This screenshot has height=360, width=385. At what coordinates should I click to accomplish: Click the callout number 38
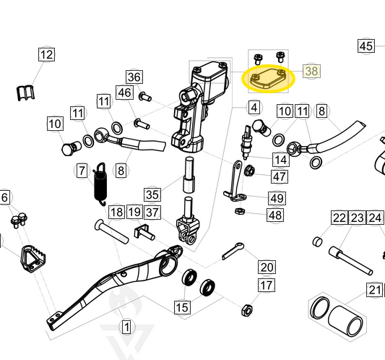click(x=311, y=72)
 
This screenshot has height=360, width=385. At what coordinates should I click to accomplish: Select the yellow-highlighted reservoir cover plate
click(x=269, y=78)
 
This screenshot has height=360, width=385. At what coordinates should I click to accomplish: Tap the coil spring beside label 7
click(x=101, y=184)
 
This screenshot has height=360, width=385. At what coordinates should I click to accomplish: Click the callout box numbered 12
click(x=46, y=55)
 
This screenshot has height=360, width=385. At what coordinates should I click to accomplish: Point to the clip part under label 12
click(x=27, y=92)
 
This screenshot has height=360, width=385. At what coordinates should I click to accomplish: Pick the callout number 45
click(x=366, y=46)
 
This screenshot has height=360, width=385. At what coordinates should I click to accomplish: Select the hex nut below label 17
click(x=246, y=309)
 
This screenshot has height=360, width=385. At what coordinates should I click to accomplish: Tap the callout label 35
click(x=152, y=194)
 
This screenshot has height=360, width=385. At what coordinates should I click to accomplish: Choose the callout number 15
click(x=182, y=307)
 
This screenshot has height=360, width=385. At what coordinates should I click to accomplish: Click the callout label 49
click(x=277, y=198)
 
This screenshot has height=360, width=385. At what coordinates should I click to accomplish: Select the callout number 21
click(x=373, y=290)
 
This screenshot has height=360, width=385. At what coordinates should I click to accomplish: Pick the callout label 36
click(x=134, y=77)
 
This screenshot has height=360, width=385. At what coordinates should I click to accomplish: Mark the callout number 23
click(x=358, y=218)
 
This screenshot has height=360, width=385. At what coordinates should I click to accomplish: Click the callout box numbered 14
click(x=280, y=159)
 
